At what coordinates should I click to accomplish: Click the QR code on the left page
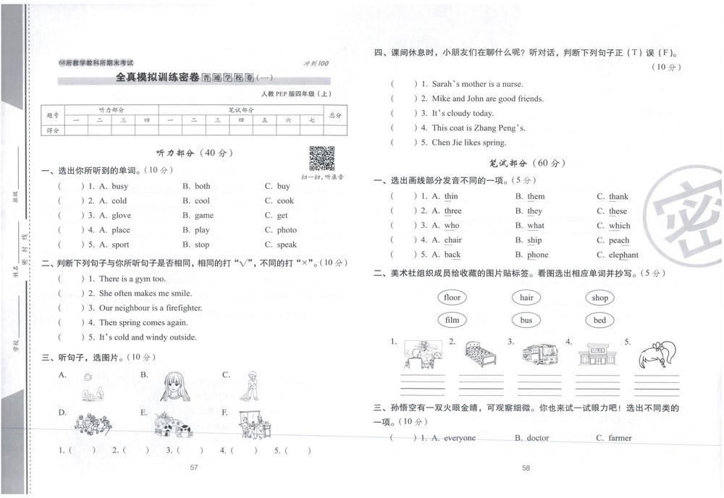[322, 158]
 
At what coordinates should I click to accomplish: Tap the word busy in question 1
[119, 186]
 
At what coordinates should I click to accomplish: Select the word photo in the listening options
[287, 230]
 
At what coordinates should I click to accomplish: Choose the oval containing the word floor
[452, 297]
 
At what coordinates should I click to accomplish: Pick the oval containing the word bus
[526, 320]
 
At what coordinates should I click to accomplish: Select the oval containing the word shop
[599, 297]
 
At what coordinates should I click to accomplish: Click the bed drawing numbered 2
[479, 355]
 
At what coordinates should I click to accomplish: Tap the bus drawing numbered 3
[539, 354]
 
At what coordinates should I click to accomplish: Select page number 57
[193, 468]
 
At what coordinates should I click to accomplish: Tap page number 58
[526, 468]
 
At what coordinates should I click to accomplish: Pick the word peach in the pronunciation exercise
[619, 240]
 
